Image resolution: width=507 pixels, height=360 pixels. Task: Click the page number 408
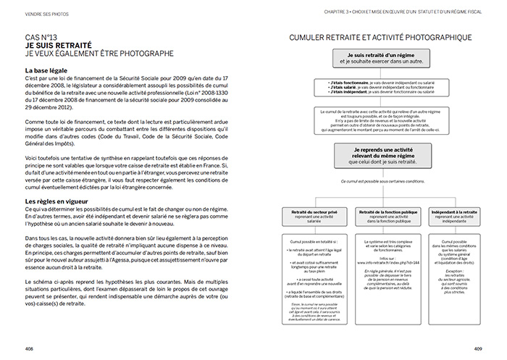30,348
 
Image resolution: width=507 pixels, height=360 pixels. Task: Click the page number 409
477,348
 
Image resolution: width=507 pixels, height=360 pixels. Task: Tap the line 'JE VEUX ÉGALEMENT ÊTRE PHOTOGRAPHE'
99,53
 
